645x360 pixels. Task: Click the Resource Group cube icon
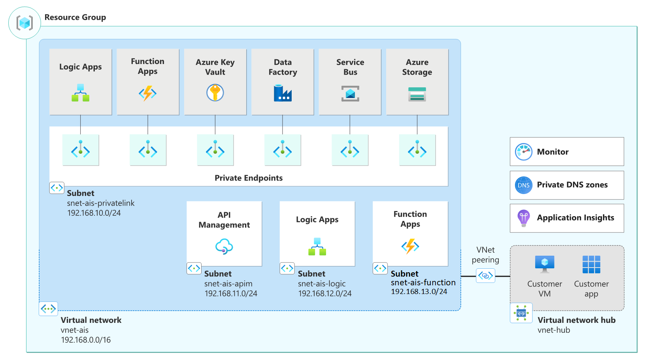pos(25,23)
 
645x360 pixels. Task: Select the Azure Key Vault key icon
pos(215,93)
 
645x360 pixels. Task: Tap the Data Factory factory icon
pos(283,93)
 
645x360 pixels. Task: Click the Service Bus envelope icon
pos(350,94)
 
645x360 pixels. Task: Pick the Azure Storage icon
pos(417,94)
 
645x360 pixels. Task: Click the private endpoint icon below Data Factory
pos(283,150)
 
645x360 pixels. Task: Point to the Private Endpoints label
pos(249,178)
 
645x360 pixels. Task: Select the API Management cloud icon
pos(224,246)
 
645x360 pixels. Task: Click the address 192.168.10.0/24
pos(94,213)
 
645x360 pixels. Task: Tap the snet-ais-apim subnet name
pos(228,284)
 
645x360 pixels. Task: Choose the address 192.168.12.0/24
pos(325,294)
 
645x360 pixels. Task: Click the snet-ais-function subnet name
pos(423,283)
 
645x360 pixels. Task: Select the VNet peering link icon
pos(485,275)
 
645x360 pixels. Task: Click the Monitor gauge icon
pos(524,152)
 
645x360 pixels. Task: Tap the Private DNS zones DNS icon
pos(524,185)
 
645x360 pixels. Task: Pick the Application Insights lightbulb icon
pos(524,218)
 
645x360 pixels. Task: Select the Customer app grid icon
pos(591,264)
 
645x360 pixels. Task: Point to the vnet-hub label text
pos(554,330)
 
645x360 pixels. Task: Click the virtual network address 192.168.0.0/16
pos(86,340)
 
